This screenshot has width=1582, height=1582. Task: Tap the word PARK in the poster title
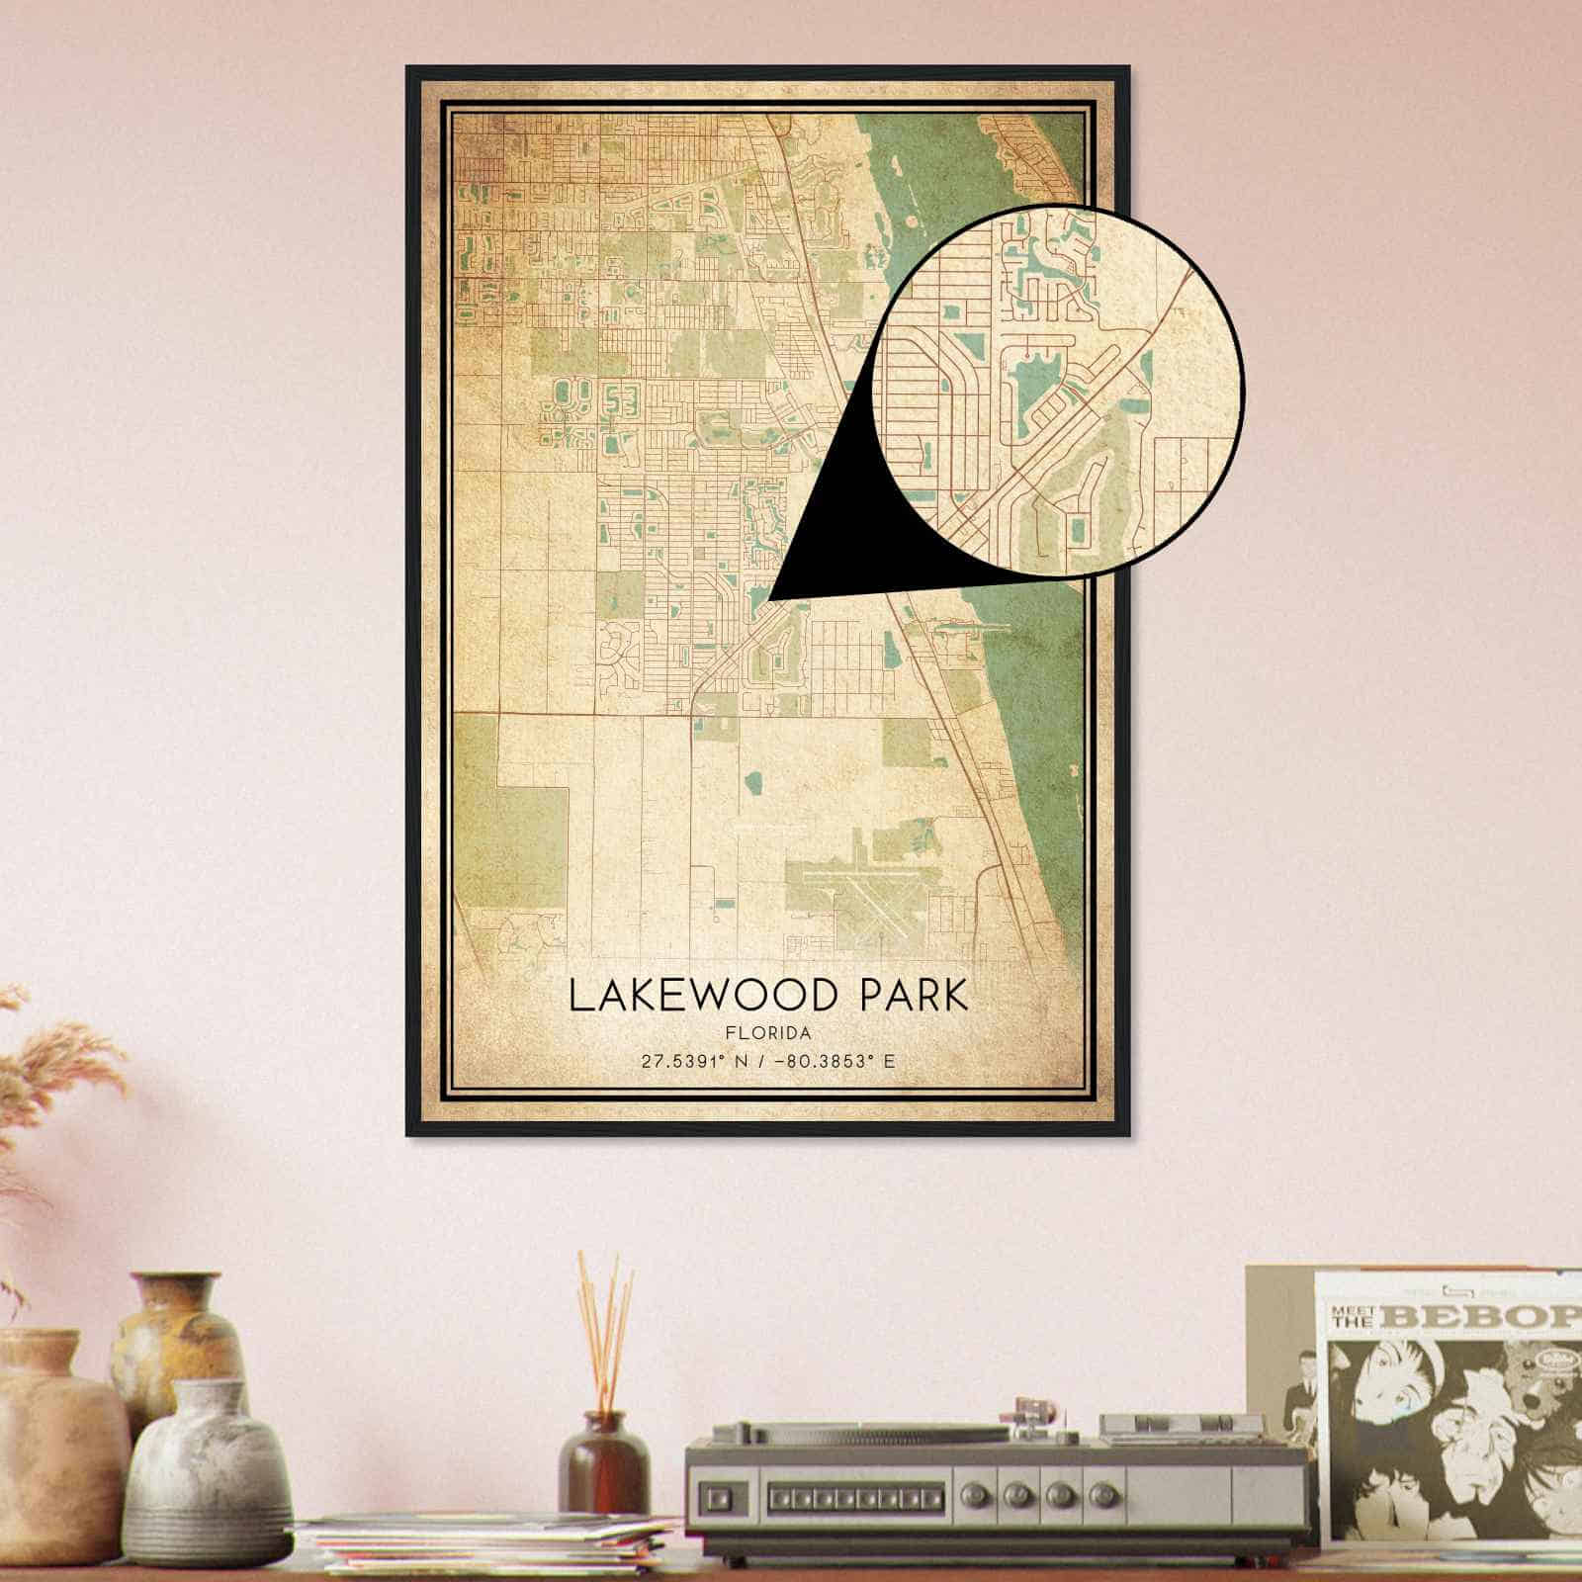pos(915,996)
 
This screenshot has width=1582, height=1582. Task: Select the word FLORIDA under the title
pos(767,1033)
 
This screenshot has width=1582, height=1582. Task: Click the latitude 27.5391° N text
pos(697,1062)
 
